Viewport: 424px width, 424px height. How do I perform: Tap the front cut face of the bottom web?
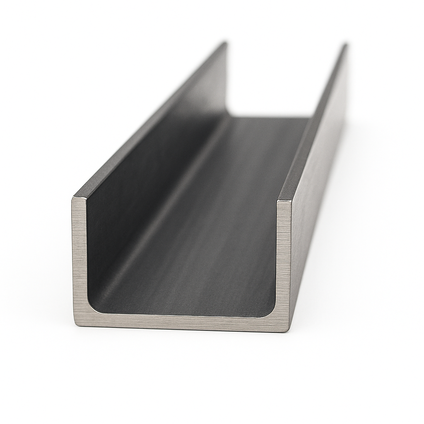coord(182,322)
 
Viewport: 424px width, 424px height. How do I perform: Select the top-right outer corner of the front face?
coord(291,202)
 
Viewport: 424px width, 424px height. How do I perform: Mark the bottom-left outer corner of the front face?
coord(75,325)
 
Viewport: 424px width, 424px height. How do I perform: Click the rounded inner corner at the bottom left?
coord(92,308)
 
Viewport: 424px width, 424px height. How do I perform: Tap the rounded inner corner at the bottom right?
coord(271,312)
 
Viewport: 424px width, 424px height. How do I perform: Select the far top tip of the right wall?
coord(345,44)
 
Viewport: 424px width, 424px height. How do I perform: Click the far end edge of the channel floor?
coord(269,117)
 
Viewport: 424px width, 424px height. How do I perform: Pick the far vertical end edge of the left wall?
coord(227,79)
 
